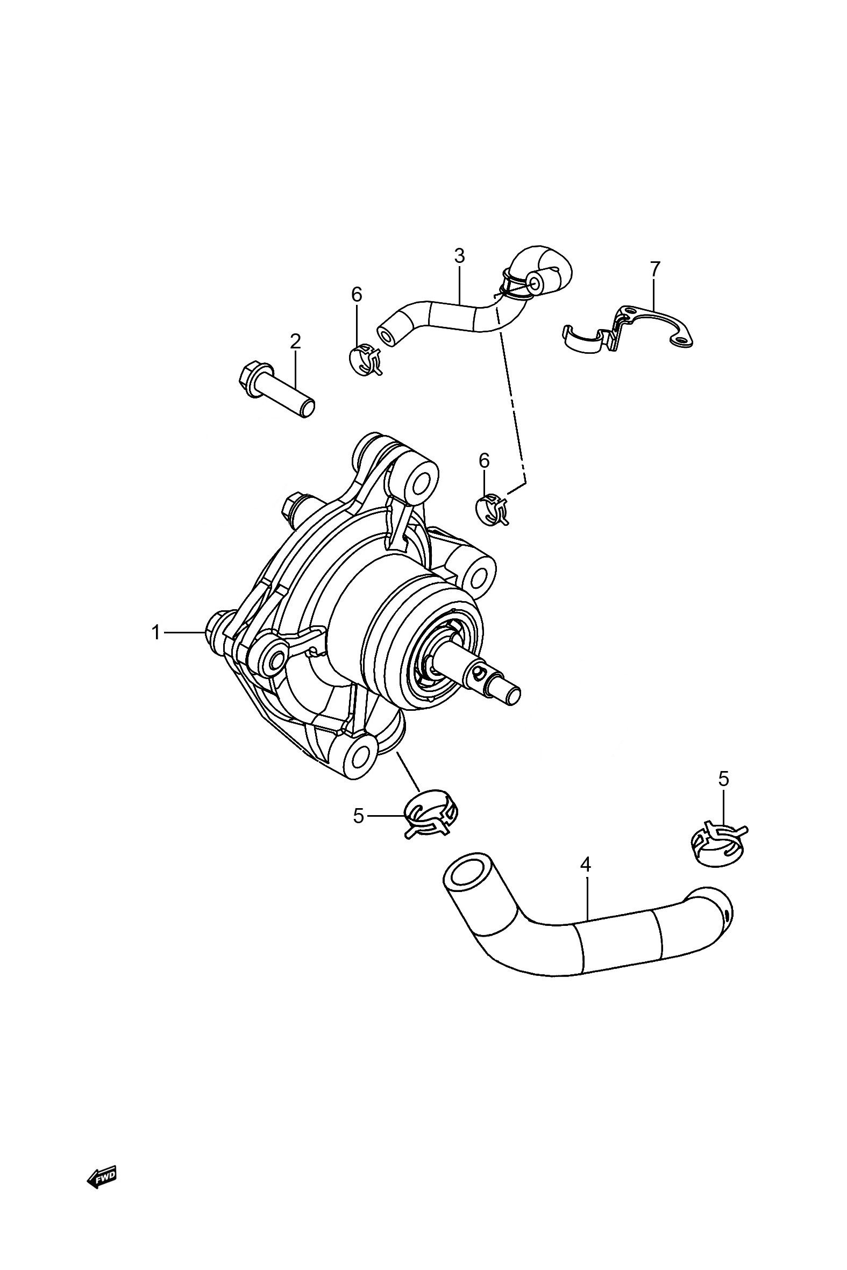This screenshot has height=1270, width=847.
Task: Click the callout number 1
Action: [156, 632]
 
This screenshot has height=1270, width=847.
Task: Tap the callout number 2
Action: [295, 341]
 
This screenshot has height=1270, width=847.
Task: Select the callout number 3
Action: [459, 255]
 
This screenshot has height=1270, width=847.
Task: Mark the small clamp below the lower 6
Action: [491, 509]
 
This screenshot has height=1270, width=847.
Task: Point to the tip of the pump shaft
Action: [514, 693]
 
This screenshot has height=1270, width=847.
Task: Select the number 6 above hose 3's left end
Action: [357, 294]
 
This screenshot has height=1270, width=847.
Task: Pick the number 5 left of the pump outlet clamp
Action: [359, 815]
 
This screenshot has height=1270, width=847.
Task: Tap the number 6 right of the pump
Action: [484, 460]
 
